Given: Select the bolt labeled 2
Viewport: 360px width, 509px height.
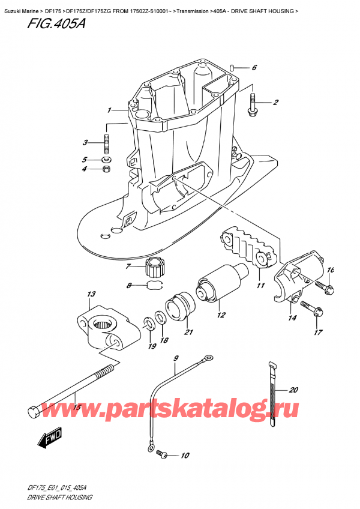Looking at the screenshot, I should pos(252,104).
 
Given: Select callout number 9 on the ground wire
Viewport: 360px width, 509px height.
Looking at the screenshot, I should pos(176,358).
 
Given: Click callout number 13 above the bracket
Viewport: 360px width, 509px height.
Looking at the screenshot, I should pos(91,294).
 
